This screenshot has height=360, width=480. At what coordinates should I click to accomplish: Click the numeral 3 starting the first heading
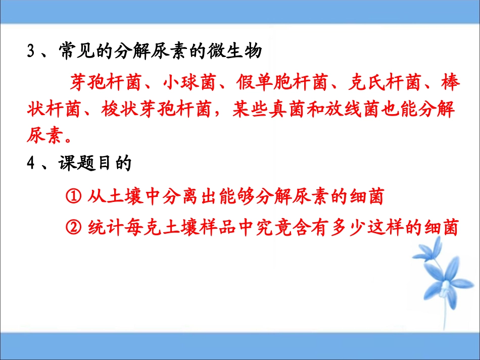point(30,53)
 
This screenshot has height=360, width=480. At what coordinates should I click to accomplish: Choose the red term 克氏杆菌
point(378,83)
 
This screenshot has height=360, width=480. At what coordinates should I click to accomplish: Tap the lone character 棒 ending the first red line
point(450,83)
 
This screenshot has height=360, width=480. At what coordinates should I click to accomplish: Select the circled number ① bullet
point(74,196)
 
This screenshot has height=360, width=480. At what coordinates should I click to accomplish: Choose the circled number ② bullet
point(74,228)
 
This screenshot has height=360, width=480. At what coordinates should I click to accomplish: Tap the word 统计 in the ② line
point(102,228)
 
